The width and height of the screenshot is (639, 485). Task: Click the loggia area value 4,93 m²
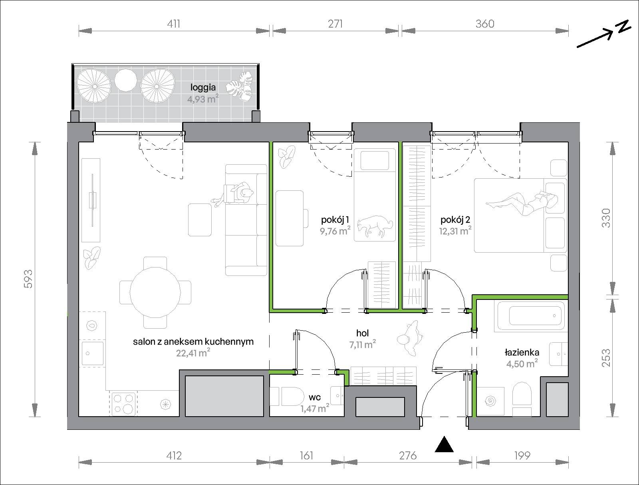coord(203,99)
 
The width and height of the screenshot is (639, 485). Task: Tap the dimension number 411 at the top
coord(173,24)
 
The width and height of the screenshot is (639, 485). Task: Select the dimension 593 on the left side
coord(28,279)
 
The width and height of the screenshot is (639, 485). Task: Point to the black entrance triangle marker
coord(444,445)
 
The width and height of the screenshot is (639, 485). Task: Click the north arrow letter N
coord(623,27)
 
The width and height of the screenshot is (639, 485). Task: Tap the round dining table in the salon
coord(155,292)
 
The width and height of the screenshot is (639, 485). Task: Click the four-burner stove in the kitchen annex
coord(124,404)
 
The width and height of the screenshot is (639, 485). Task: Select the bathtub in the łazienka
coord(531,315)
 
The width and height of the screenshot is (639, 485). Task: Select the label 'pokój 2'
coord(455,220)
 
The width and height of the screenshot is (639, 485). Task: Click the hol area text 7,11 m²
coord(363,345)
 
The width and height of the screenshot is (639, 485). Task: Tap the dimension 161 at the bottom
coord(306,455)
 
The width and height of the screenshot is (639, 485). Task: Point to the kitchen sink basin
coord(93,353)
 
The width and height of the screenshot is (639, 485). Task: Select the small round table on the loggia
coord(125,80)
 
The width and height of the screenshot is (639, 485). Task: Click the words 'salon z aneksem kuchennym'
coord(193,341)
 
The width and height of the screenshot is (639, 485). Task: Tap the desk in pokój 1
coord(290,218)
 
